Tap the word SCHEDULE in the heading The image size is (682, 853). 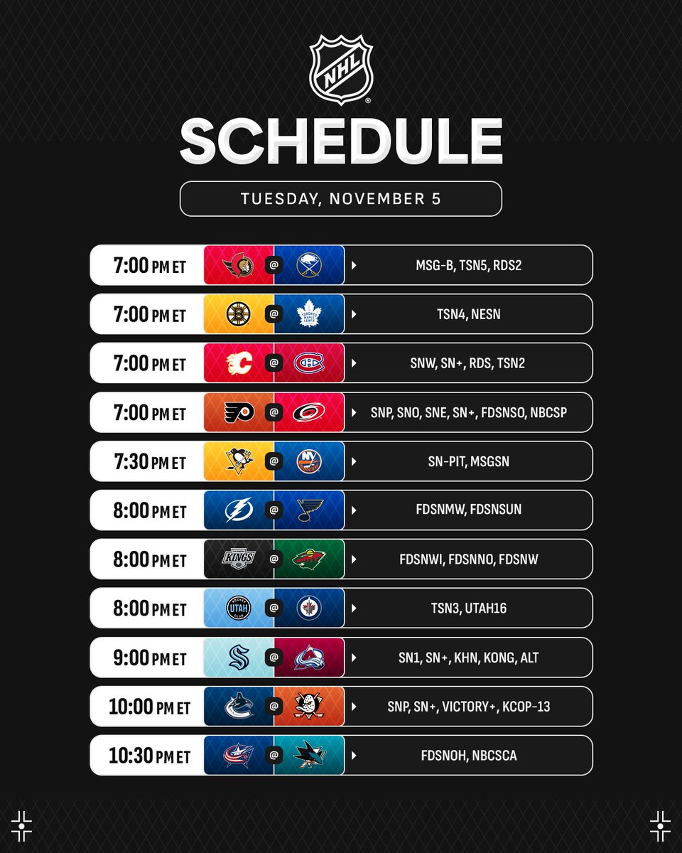tap(341, 142)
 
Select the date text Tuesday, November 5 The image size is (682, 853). tap(341, 199)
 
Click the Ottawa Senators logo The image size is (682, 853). tap(238, 265)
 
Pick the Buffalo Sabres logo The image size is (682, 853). tap(309, 265)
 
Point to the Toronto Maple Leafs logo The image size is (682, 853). tap(309, 314)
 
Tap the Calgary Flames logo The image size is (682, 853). tap(238, 363)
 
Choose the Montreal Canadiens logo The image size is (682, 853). tap(309, 363)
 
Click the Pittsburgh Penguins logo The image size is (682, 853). tap(238, 461)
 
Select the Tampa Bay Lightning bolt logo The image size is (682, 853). tap(238, 510)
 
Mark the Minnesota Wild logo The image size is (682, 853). tap(309, 559)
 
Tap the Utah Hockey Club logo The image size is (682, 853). tap(238, 608)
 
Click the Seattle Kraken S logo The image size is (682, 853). tap(238, 658)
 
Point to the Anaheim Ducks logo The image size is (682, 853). tap(309, 707)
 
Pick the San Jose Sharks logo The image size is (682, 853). tap(309, 755)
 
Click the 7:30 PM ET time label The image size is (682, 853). tap(149, 462)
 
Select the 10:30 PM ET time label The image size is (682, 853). tap(149, 756)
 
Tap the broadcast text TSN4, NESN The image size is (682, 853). tap(468, 314)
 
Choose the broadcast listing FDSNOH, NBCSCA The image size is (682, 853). tap(468, 756)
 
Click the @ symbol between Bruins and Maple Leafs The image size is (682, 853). tap(274, 314)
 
